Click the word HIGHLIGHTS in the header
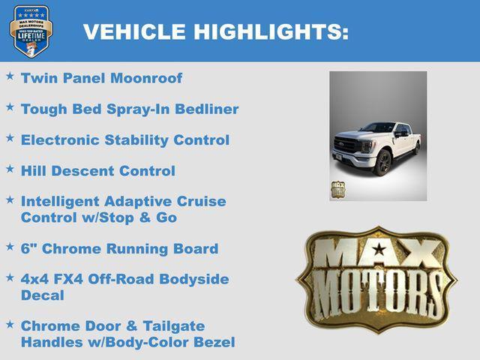[271, 32]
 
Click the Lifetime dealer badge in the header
[31, 31]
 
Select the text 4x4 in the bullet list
[35, 280]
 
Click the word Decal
[43, 295]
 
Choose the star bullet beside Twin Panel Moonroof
[10, 76]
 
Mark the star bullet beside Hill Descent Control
[10, 169]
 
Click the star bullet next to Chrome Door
[10, 325]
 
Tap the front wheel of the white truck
[383, 163]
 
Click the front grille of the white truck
[347, 145]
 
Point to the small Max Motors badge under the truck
[338, 189]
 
